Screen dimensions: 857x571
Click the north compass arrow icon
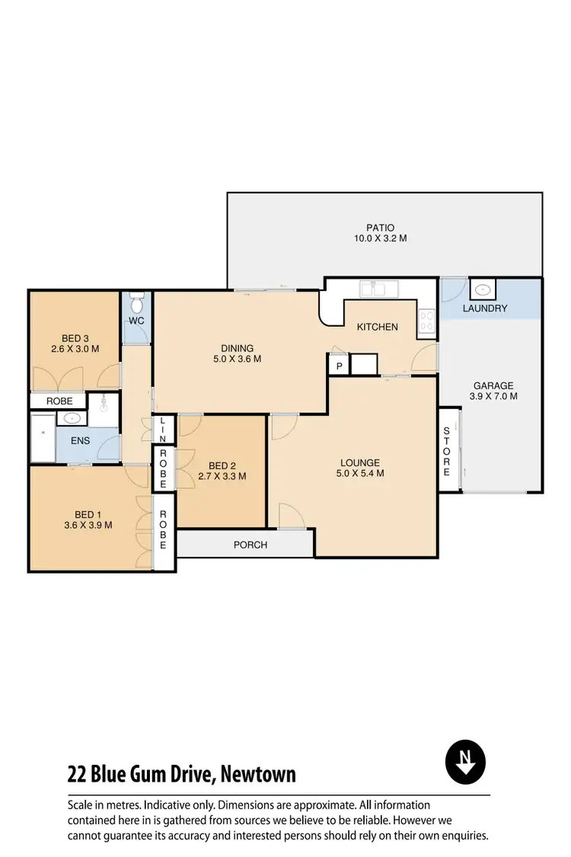point(464,762)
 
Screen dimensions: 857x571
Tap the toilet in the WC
point(138,305)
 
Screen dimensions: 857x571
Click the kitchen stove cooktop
point(427,322)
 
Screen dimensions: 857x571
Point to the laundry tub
point(482,289)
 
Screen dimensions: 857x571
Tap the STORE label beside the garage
point(448,451)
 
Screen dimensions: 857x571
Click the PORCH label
point(250,545)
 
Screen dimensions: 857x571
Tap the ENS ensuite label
point(81,440)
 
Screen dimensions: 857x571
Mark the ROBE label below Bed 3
point(59,401)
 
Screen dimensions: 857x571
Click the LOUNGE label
point(359,462)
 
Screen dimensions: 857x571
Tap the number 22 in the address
point(77,775)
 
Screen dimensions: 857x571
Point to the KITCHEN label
point(378,327)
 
